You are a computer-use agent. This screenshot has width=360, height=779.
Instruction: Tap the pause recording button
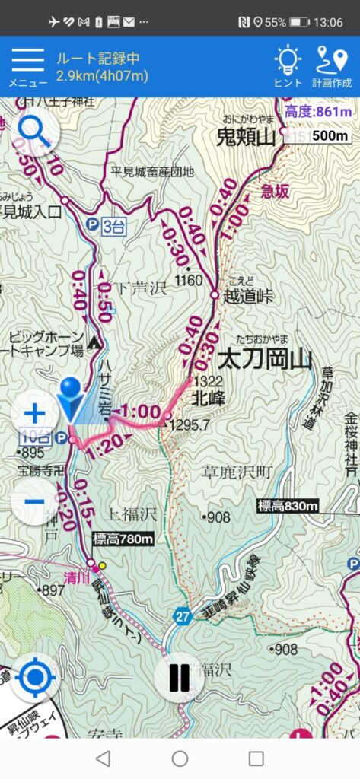tap(180, 677)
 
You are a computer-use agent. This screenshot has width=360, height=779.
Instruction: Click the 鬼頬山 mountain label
tap(244, 138)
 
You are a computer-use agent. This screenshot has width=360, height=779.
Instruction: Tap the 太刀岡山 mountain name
tap(264, 359)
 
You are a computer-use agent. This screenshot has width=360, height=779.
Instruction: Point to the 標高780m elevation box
tap(123, 539)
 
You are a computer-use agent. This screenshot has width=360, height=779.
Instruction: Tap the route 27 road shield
tap(181, 615)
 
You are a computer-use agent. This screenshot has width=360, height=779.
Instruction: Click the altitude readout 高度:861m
tap(319, 113)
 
